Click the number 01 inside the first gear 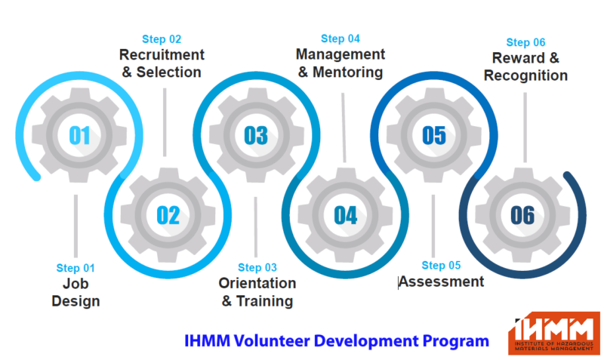pos(79,136)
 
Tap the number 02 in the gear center pos(168,215)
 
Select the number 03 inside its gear pos(256,136)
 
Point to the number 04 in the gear pos(346,215)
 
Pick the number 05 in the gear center pos(434,136)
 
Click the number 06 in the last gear pos(522,215)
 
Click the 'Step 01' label pos(75,268)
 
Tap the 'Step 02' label pos(162,39)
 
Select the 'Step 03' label pos(257,268)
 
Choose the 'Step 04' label pos(341,39)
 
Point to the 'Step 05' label pos(441,266)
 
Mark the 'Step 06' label pos(525,42)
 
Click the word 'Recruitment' pos(162,54)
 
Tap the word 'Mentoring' pos(347,72)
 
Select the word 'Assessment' pos(442,282)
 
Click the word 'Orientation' pos(257,283)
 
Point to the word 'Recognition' pos(525,76)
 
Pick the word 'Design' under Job pos(76,301)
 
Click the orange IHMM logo pos(554,333)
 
